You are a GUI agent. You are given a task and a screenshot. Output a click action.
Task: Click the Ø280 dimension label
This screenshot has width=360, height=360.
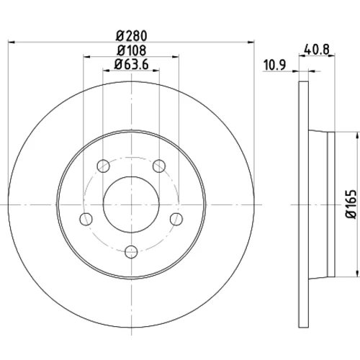(131, 36)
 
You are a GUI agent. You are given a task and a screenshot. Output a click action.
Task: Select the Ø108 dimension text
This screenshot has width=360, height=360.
(131, 50)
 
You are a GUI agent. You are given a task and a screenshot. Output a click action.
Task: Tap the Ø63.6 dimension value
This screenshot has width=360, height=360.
(131, 64)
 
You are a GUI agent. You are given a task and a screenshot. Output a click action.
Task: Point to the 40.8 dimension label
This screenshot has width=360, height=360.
(317, 50)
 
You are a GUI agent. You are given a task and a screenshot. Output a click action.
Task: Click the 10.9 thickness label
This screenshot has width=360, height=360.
(274, 65)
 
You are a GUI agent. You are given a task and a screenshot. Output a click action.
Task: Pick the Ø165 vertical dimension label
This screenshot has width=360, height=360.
(351, 204)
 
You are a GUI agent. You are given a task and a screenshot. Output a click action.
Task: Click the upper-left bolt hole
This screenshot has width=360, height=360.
(104, 166)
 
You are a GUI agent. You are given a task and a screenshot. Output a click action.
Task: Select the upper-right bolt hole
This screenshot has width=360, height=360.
(159, 166)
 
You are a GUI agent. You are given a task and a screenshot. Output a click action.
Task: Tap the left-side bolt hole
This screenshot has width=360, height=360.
(86, 219)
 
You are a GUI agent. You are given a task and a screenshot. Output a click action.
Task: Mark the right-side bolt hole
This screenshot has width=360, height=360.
(176, 219)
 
